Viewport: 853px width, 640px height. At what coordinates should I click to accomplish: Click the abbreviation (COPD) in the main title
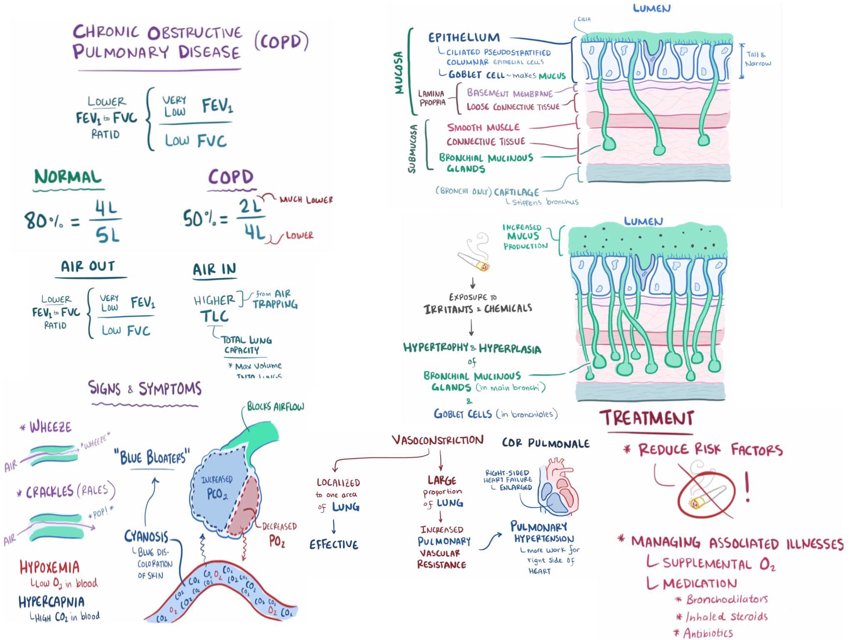click(x=282, y=42)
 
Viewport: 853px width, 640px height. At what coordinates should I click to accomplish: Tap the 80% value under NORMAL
click(x=42, y=220)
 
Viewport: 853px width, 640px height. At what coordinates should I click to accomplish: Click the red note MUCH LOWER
click(x=306, y=200)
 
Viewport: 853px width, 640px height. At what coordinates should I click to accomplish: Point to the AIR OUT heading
click(x=88, y=266)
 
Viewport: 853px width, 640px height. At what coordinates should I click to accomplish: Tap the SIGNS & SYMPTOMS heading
click(x=145, y=389)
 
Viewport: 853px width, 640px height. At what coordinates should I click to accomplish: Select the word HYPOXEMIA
click(x=50, y=567)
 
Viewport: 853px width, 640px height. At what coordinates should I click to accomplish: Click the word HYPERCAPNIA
click(x=52, y=602)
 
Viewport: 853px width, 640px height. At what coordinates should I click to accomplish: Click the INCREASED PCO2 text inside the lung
click(x=217, y=487)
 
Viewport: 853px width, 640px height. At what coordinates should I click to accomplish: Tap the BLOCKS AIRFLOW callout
click(x=275, y=407)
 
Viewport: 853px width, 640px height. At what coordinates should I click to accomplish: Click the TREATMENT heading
click(x=647, y=418)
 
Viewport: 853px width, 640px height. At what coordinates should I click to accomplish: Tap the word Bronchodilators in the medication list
click(x=727, y=599)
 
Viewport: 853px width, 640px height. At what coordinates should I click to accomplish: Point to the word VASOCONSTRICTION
click(x=438, y=440)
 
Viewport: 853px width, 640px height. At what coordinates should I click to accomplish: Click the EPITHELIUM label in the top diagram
click(x=464, y=38)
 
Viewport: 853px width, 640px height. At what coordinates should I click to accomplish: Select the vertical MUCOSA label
click(x=399, y=72)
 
